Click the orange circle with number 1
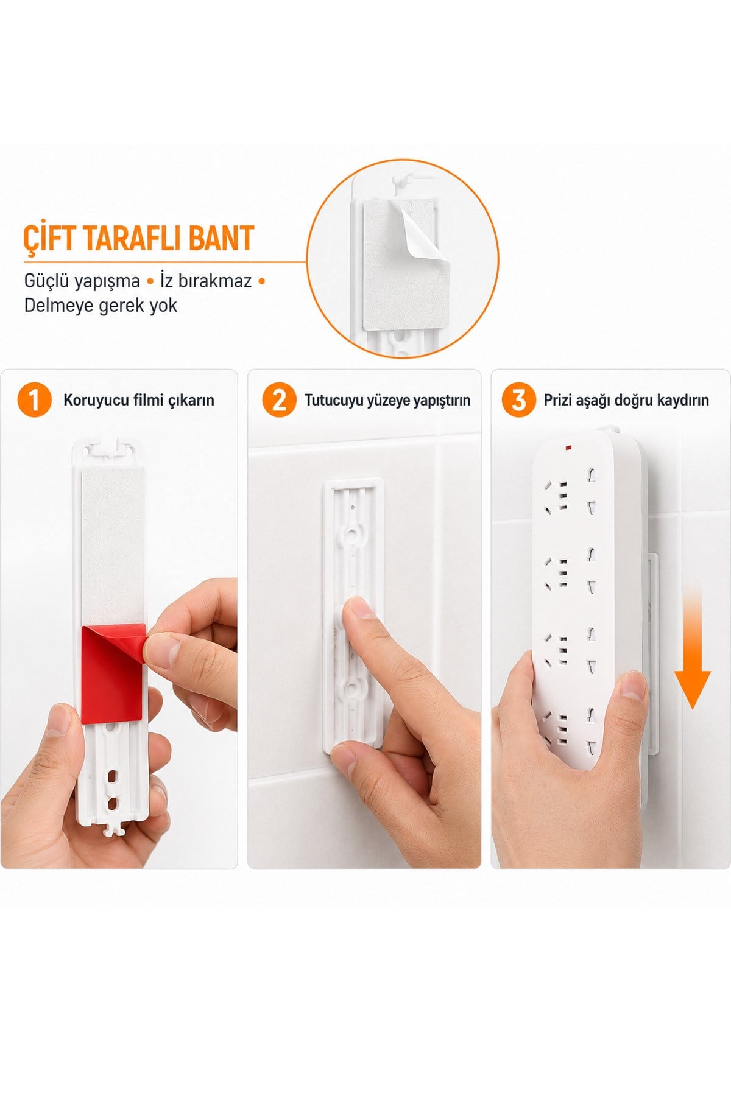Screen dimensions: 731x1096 [34, 400]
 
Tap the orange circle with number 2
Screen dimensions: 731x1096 [279, 400]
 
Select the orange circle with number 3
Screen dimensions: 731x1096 [518, 400]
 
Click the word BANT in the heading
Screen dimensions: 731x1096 [221, 238]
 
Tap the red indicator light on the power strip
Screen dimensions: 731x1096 [568, 449]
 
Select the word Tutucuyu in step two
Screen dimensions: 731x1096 [333, 400]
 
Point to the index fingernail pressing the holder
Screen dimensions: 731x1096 [359, 607]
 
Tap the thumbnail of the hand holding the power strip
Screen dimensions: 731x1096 [632, 687]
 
